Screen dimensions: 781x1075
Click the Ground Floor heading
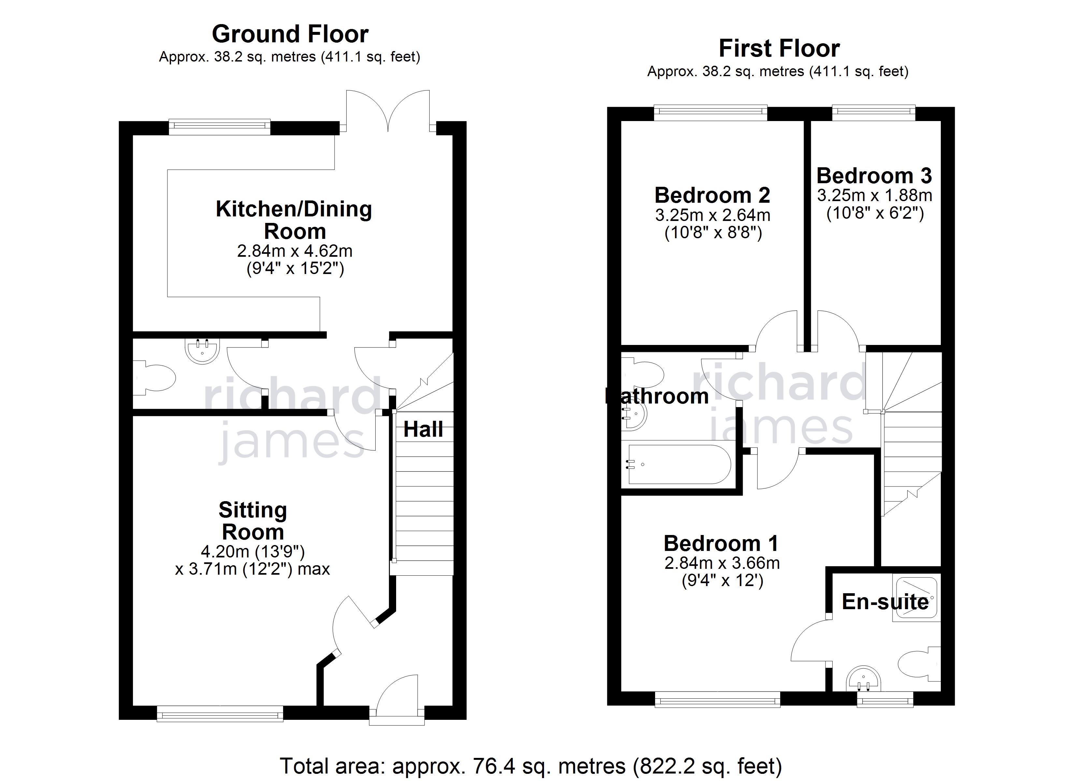pyautogui.click(x=290, y=34)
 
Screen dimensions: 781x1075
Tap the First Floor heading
pyautogui.click(x=779, y=48)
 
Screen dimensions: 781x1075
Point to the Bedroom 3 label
pyautogui.click(x=874, y=176)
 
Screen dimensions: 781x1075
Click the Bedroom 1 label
pyautogui.click(x=721, y=543)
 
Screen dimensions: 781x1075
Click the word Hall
pyautogui.click(x=423, y=430)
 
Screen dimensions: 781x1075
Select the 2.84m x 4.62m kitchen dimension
pyautogui.click(x=294, y=251)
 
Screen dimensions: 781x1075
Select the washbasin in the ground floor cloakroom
pyautogui.click(x=202, y=351)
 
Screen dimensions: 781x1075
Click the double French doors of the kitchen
pyautogui.click(x=388, y=111)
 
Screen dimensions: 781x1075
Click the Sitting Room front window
pyautogui.click(x=220, y=714)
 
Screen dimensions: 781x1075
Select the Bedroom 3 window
pyautogui.click(x=874, y=111)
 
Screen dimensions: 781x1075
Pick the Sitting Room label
pyautogui.click(x=253, y=521)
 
